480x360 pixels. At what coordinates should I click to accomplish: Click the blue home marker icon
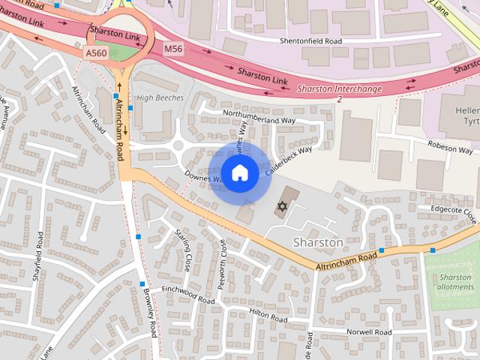[239, 173]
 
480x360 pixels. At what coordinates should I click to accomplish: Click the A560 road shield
[96, 52]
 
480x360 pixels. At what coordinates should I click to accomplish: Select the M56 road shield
[172, 49]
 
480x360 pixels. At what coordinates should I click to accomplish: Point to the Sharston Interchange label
[339, 89]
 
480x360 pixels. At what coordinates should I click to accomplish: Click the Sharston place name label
[318, 243]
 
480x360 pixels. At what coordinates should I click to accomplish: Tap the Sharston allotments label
[454, 282]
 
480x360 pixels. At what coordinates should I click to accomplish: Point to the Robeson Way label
[450, 149]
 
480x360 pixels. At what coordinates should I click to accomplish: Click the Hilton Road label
[268, 315]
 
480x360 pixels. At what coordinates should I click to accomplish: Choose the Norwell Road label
[369, 331]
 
